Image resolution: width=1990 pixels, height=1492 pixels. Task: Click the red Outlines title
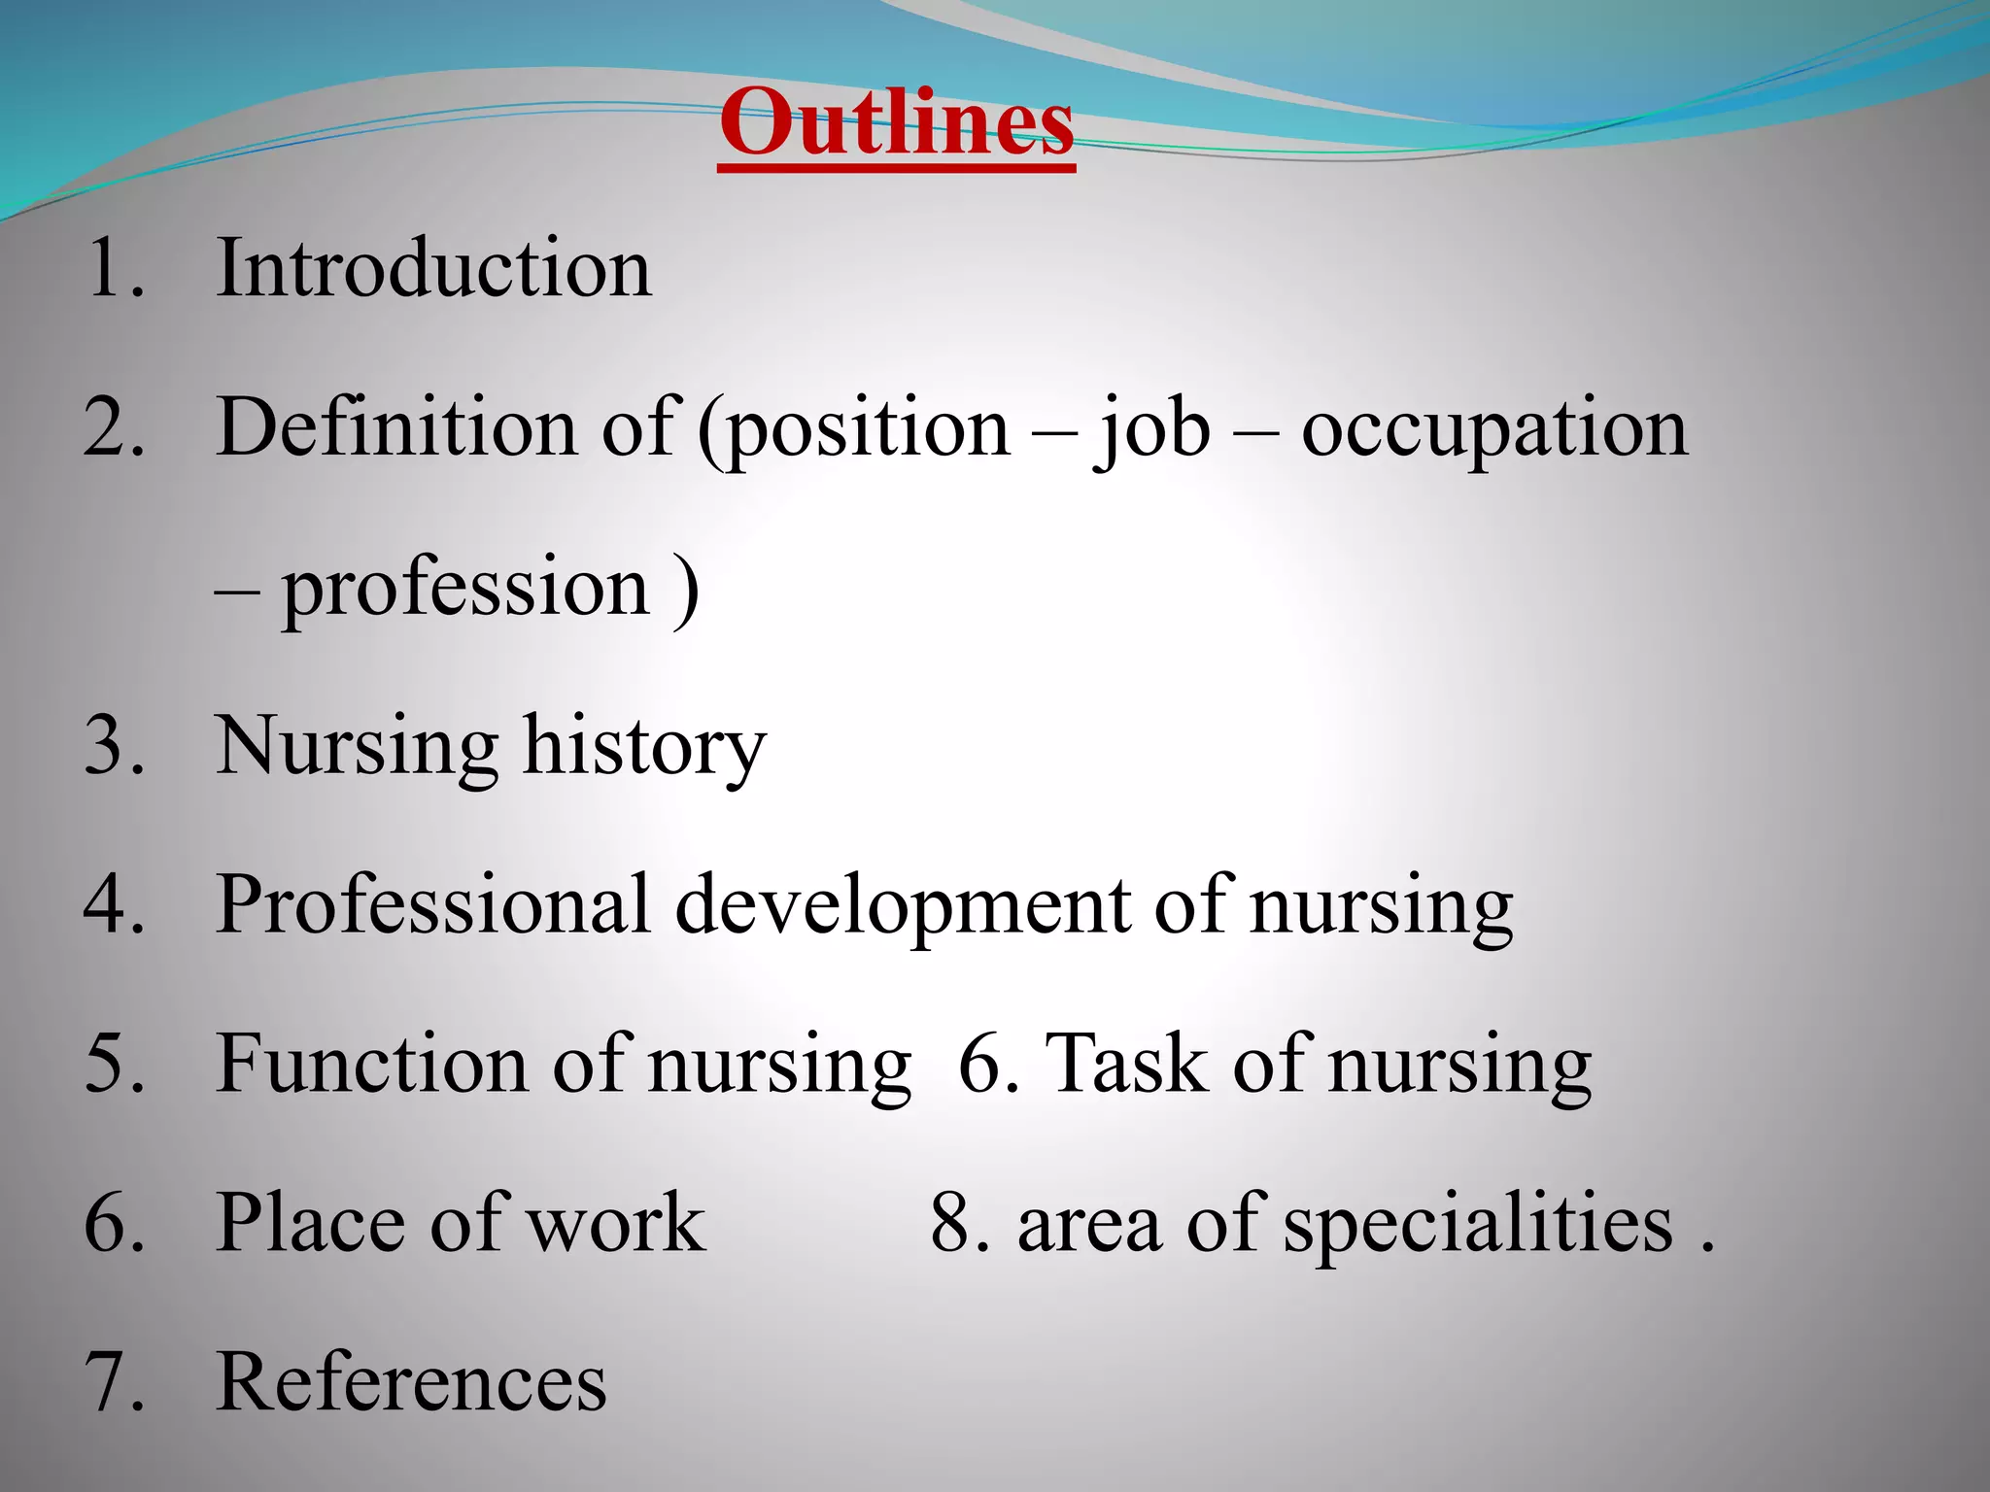(x=896, y=123)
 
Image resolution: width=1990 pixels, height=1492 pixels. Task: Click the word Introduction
(x=433, y=268)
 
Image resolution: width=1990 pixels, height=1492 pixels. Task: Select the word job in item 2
(x=1153, y=429)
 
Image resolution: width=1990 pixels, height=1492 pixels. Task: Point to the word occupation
(x=1494, y=429)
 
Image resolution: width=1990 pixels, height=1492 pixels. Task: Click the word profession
(x=465, y=589)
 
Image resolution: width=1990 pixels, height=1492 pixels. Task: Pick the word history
(x=644, y=747)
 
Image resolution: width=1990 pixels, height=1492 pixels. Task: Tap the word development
(x=903, y=905)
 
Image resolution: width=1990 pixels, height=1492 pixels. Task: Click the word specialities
(x=1478, y=1224)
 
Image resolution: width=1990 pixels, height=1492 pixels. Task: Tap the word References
(x=412, y=1381)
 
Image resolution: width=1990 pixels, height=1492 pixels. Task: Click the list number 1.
(x=114, y=268)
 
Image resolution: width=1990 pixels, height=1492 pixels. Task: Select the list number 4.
(x=114, y=905)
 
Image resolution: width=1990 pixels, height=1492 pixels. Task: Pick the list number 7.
(x=114, y=1381)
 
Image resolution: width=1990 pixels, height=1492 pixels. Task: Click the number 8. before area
(x=960, y=1224)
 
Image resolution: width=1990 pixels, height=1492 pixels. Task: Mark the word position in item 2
(x=868, y=429)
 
